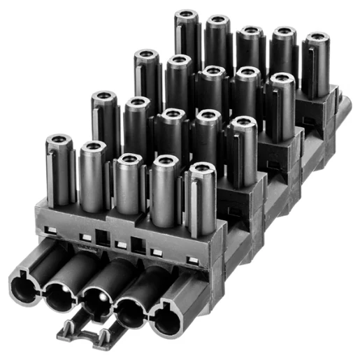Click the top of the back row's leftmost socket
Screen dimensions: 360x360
187,15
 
